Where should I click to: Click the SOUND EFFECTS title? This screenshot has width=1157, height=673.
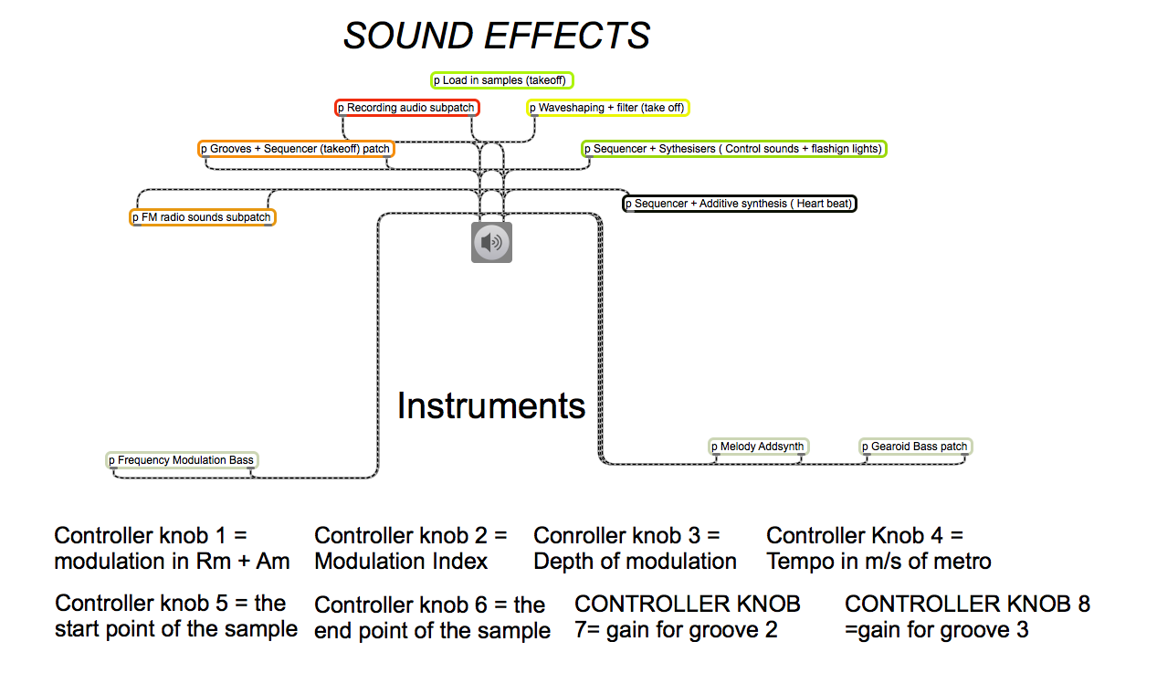coord(496,37)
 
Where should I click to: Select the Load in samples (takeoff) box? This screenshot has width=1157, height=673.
coord(502,80)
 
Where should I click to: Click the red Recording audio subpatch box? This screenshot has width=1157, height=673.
coord(406,108)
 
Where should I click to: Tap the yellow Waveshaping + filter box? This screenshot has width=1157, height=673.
coord(607,108)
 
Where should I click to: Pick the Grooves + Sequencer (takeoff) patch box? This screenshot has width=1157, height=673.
coord(296,149)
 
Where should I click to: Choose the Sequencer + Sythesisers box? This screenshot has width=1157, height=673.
coord(734,149)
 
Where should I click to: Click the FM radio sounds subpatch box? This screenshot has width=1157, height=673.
coord(202,217)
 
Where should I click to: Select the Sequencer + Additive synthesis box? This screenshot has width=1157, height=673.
coord(740,204)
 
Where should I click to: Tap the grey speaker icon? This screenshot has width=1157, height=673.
coord(491,242)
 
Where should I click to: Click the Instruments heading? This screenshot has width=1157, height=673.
coord(490,405)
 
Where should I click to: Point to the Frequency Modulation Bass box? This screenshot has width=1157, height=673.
coord(182,460)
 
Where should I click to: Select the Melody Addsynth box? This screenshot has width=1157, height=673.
coord(759,447)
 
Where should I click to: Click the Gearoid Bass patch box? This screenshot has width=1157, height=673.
coord(915,447)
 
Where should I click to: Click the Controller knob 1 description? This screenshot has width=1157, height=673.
coord(172,549)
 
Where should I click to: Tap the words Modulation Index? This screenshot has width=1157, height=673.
coord(401,562)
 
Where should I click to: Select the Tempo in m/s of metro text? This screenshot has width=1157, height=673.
coord(878,562)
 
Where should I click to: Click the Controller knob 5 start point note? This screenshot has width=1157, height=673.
coord(175,616)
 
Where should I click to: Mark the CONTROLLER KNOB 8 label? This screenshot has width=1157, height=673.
coord(967,604)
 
